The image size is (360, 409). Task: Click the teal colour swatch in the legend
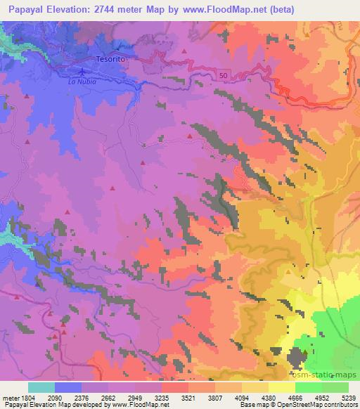[41, 387]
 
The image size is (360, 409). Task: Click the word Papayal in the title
[24, 9]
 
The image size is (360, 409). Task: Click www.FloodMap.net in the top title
[226, 9]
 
